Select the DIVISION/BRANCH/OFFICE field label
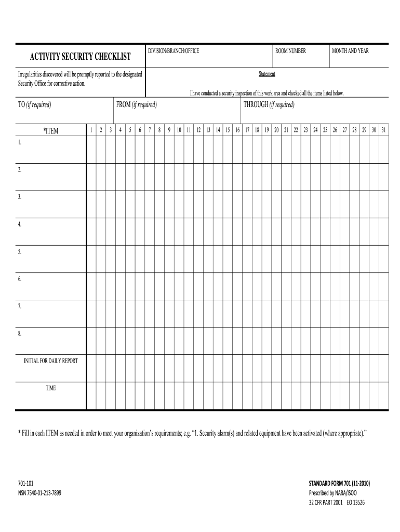tap(174, 51)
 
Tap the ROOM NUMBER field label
tap(291, 51)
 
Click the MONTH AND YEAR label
tap(351, 51)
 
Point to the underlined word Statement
tap(267, 74)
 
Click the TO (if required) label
tap(35, 104)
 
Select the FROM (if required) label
tap(137, 104)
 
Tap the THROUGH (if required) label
tap(269, 104)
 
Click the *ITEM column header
tap(51, 131)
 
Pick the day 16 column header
tap(237, 130)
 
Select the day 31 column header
tap(383, 130)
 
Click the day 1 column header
tap(91, 130)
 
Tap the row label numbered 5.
tap(20, 252)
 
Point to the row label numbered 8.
tap(20, 334)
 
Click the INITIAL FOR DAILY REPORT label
tap(51, 361)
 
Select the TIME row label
tap(51, 388)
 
